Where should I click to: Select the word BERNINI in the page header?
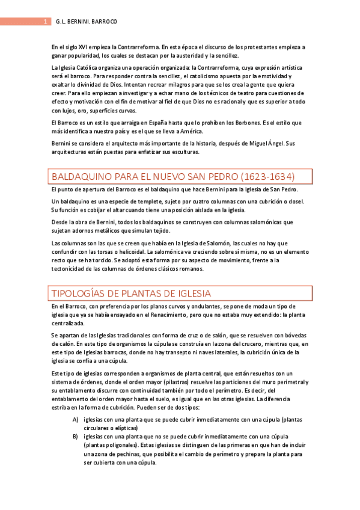coord(75,22)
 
